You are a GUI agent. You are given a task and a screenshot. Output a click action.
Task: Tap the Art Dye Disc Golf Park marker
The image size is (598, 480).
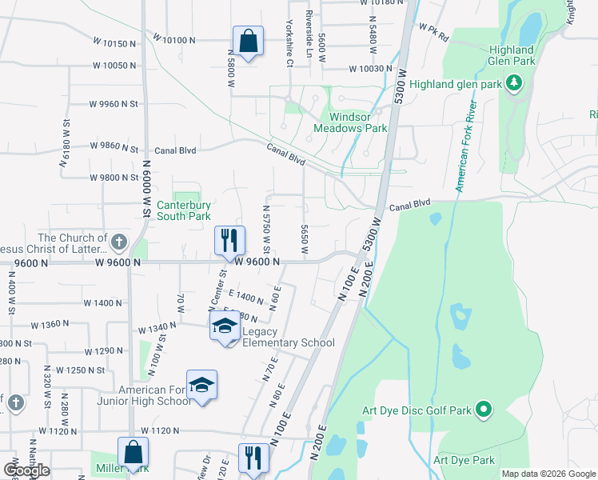coord(484,410)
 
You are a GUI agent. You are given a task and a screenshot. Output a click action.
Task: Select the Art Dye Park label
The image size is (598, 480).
coord(464,460)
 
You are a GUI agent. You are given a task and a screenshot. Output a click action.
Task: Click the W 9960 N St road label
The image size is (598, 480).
coord(114,104)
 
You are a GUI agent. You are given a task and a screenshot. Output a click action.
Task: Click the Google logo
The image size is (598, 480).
coord(26,470)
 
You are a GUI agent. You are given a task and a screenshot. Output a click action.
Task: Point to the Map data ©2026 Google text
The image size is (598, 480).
coord(548,474)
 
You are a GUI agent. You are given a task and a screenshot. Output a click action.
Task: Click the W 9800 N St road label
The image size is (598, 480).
coord(114,178)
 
